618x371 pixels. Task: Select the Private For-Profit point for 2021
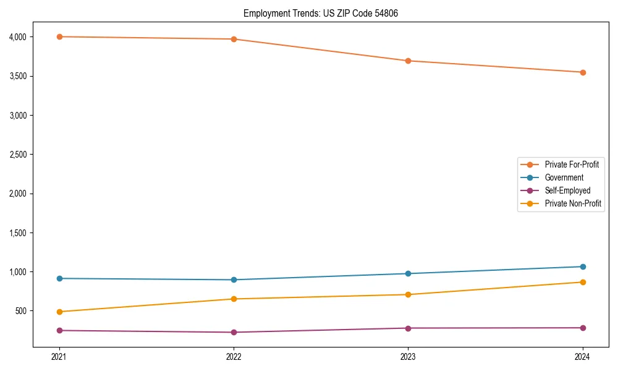[x=59, y=36]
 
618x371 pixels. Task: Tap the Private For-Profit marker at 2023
[x=408, y=61]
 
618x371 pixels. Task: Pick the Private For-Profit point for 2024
[x=583, y=72]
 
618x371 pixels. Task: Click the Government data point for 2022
[x=234, y=279]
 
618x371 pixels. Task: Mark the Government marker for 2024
[x=583, y=267]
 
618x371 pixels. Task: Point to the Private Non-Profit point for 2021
[x=59, y=312]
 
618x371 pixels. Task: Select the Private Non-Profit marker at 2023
[x=408, y=294]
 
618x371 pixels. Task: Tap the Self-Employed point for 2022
[x=234, y=332]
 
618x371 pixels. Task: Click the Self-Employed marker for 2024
[x=583, y=328]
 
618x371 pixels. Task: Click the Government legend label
[x=564, y=177]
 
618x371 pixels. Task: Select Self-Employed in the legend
[x=567, y=190]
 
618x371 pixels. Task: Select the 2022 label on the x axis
[x=234, y=357]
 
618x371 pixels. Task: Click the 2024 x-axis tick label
[x=583, y=357]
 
